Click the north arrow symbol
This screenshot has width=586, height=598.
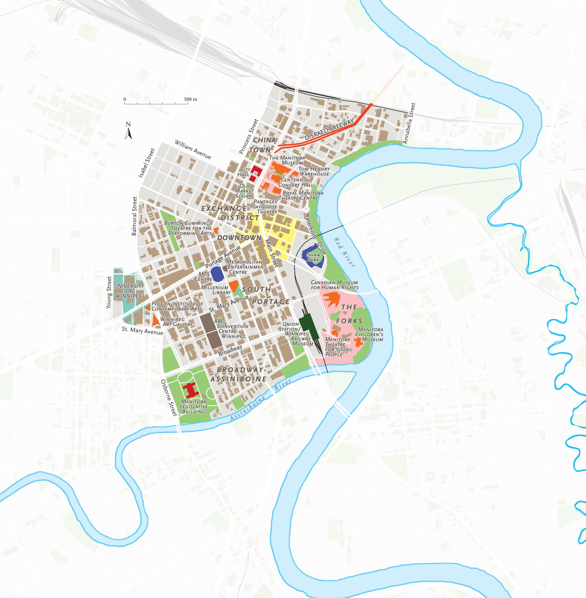click(128, 131)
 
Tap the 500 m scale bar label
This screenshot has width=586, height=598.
click(190, 100)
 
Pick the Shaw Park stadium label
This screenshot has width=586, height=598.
click(314, 257)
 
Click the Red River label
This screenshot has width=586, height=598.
click(345, 252)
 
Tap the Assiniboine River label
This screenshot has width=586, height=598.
click(260, 400)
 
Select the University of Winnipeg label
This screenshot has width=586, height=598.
click(129, 291)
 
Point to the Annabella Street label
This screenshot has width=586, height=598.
click(409, 123)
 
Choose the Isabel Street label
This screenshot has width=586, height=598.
click(146, 163)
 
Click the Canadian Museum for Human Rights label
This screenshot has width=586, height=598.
click(334, 285)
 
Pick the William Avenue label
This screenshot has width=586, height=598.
click(193, 149)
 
